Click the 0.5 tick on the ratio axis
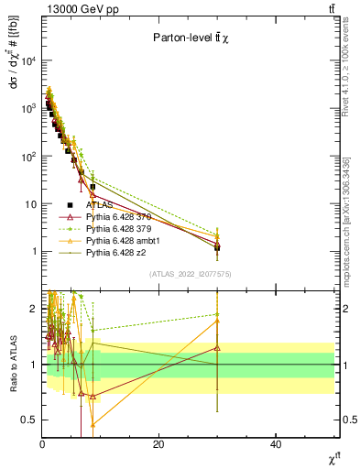click(29, 420)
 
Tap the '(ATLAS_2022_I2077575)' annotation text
click(190, 274)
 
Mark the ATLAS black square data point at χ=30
click(217, 247)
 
